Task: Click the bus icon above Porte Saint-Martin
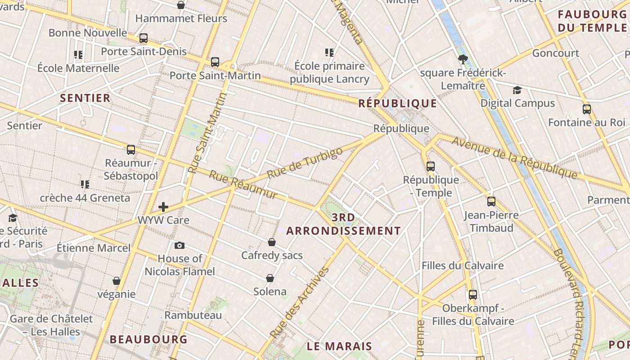click(x=215, y=62)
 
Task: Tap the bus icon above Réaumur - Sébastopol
click(x=131, y=150)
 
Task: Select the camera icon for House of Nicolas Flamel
click(x=180, y=245)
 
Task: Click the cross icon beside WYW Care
click(x=163, y=207)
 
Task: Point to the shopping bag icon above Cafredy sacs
click(x=272, y=242)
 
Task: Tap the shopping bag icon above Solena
click(x=270, y=278)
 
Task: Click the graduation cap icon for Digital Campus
click(x=517, y=90)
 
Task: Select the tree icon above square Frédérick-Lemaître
click(x=463, y=59)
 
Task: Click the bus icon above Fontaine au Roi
click(x=587, y=109)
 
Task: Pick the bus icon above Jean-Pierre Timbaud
click(x=491, y=202)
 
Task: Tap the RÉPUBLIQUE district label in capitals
click(x=398, y=104)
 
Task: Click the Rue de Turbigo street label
click(x=305, y=163)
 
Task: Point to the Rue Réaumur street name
click(x=243, y=185)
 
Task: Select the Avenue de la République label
click(x=514, y=157)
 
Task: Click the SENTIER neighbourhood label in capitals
click(x=85, y=98)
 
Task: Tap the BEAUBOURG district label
click(x=148, y=339)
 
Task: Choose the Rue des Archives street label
click(x=300, y=302)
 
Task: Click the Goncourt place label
click(x=556, y=53)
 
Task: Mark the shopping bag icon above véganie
click(x=117, y=281)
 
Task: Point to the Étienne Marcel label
click(x=94, y=248)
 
